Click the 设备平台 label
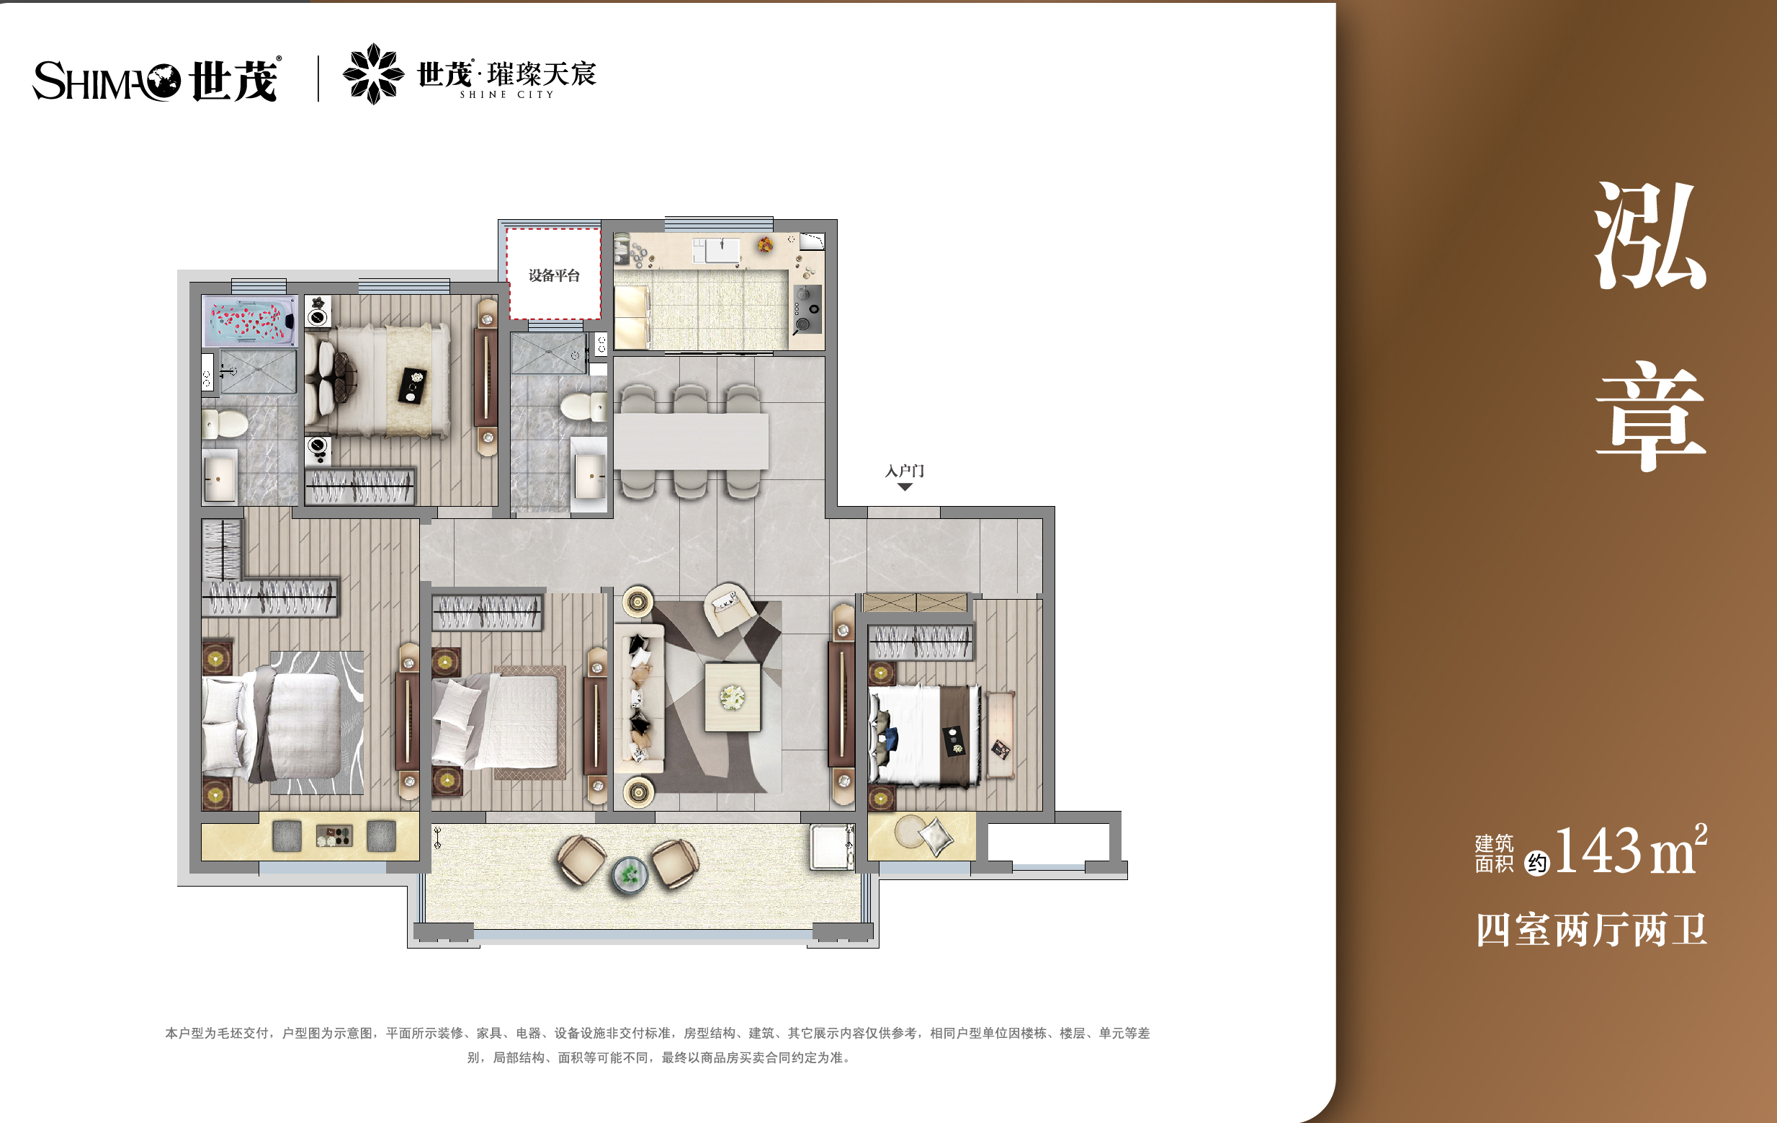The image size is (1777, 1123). (553, 275)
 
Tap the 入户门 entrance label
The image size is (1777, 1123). (904, 470)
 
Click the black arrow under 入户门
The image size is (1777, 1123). (905, 487)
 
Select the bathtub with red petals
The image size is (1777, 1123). (250, 321)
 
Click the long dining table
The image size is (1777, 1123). (691, 441)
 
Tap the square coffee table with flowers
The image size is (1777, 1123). (732, 697)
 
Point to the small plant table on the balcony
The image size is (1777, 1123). (629, 874)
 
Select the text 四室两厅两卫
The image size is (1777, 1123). (1591, 930)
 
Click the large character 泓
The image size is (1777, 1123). (1650, 236)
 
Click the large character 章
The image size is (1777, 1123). (1650, 416)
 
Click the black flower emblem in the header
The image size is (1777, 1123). (373, 74)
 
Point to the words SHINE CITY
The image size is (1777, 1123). (506, 95)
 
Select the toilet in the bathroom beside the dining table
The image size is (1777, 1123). (583, 407)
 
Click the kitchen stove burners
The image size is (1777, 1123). (806, 309)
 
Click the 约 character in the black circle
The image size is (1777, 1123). (1536, 862)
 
